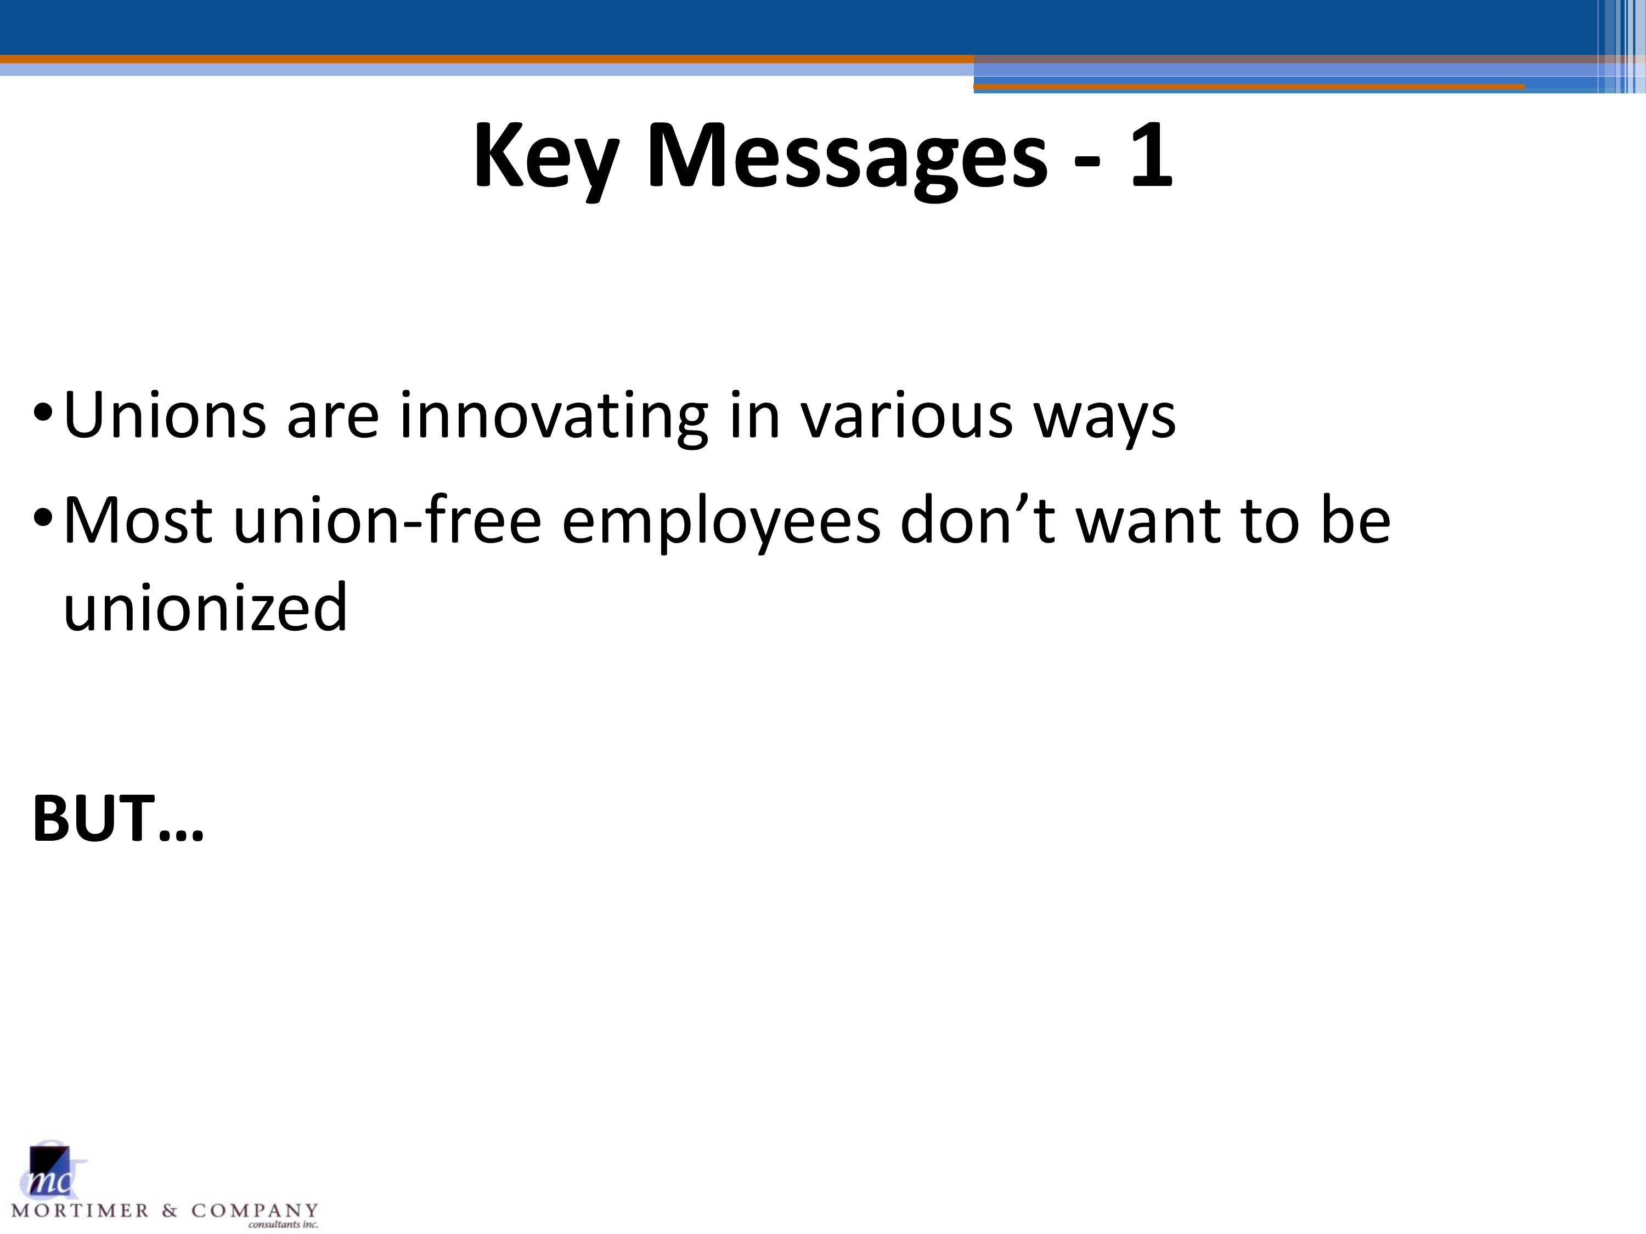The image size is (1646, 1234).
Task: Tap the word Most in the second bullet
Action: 138,520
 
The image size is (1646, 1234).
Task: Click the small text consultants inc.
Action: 283,1224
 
